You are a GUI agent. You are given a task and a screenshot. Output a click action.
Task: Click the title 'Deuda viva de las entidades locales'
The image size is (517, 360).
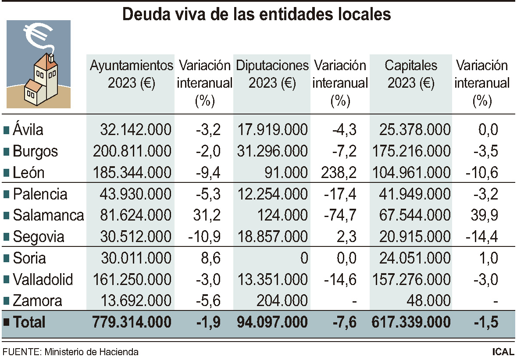click(257, 14)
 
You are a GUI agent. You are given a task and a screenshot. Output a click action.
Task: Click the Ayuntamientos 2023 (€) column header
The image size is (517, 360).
click(132, 74)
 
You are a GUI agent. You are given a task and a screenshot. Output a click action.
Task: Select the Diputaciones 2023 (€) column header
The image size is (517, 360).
click(272, 74)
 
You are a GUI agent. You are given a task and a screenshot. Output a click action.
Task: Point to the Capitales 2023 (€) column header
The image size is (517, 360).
click(411, 74)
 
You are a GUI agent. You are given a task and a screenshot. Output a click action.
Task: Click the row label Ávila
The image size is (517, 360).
click(28, 130)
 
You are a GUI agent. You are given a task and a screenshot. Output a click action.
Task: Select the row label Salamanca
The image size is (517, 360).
click(48, 215)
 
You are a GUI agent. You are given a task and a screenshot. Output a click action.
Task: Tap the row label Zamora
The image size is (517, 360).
click(37, 301)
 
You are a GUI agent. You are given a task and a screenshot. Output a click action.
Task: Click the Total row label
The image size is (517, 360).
click(29, 322)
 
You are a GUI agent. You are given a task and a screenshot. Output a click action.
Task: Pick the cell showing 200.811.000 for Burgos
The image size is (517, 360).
click(132, 151)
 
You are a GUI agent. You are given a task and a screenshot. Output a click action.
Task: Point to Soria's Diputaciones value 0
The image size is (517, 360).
click(303, 258)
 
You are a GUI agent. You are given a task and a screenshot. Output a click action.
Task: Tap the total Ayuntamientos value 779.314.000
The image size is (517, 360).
click(132, 322)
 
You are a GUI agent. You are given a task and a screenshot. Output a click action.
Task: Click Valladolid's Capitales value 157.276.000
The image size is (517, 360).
click(411, 279)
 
